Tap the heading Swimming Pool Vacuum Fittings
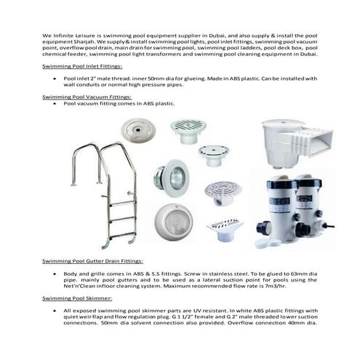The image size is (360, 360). [x=87, y=96]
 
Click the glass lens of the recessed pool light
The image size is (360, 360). [x=175, y=175]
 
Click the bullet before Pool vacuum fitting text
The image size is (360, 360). [x=55, y=103]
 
